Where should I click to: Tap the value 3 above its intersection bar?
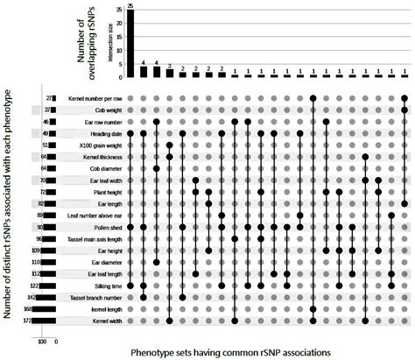click(169, 65)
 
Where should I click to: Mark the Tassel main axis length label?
click(88, 238)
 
